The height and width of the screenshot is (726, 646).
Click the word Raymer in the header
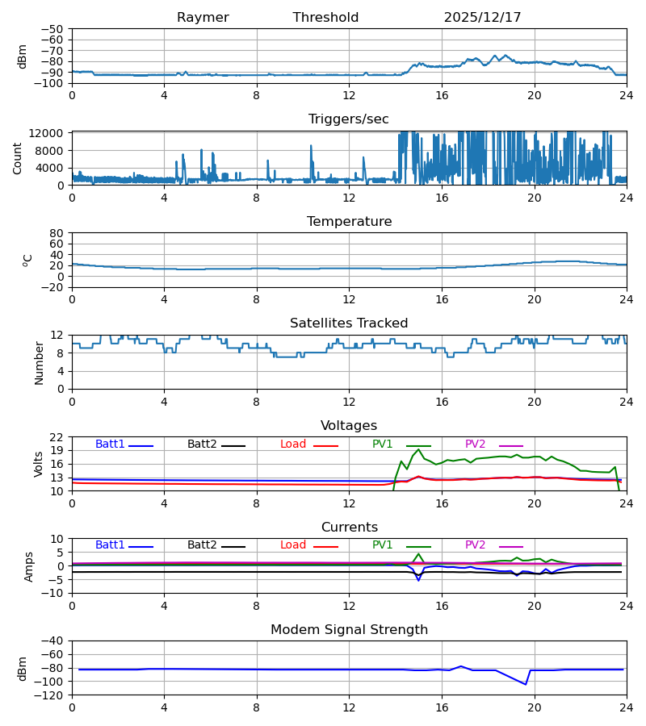[203, 18]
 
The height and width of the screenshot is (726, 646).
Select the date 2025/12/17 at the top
[482, 18]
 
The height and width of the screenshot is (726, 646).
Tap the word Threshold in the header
[325, 18]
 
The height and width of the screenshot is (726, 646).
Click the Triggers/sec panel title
[349, 119]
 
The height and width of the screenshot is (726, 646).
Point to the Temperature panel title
[349, 222]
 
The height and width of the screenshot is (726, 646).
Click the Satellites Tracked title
[349, 323]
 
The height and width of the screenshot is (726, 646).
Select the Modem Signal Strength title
[349, 630]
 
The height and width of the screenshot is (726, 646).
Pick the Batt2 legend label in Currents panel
[202, 545]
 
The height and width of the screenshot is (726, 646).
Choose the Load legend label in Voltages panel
[293, 444]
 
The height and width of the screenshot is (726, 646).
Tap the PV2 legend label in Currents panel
[476, 545]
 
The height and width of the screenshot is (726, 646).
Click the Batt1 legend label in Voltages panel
[110, 444]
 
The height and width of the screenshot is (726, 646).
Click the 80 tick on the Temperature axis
[57, 233]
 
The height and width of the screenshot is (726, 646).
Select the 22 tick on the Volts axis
[57, 437]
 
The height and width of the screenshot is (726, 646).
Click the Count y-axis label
[19, 158]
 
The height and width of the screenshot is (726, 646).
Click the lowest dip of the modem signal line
[526, 684]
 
